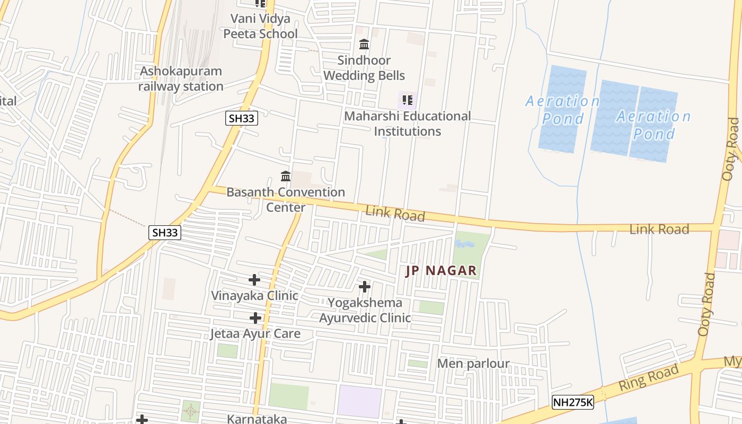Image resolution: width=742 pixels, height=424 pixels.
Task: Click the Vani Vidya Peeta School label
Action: coord(260,26)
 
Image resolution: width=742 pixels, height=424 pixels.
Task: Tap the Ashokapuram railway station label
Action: coord(181,78)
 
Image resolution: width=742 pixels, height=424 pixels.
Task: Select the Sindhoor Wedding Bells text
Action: coord(364,68)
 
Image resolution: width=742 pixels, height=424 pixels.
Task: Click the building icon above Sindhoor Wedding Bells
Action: coord(364,44)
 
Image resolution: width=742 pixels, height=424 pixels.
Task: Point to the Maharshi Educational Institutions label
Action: coord(407,123)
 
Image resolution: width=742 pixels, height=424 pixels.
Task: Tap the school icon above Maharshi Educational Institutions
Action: coord(407,100)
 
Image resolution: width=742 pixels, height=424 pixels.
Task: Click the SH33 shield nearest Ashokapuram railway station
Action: coord(242,118)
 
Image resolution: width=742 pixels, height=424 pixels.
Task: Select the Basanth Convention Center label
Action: coord(286,199)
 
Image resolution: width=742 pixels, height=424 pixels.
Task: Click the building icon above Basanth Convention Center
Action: coord(286,176)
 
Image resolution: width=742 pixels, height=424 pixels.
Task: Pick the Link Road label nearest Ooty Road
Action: coord(659,229)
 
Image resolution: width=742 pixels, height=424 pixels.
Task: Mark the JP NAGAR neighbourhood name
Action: coord(441,271)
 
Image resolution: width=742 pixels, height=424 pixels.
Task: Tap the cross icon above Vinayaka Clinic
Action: coord(254,279)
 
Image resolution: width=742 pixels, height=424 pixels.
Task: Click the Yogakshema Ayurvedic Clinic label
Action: coord(365,310)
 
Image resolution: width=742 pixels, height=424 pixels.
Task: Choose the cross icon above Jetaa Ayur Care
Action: coord(255,318)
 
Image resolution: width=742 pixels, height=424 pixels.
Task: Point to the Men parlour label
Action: coord(473,364)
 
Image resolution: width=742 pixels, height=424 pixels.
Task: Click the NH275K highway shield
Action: coord(572,402)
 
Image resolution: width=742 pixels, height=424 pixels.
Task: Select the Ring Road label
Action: coord(648,377)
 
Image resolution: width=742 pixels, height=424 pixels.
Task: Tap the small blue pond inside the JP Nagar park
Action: coord(464,244)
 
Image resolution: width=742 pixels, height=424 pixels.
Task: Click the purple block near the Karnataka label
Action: coord(359,401)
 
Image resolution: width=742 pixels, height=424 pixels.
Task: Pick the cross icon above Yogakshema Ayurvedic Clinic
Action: coord(365,287)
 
